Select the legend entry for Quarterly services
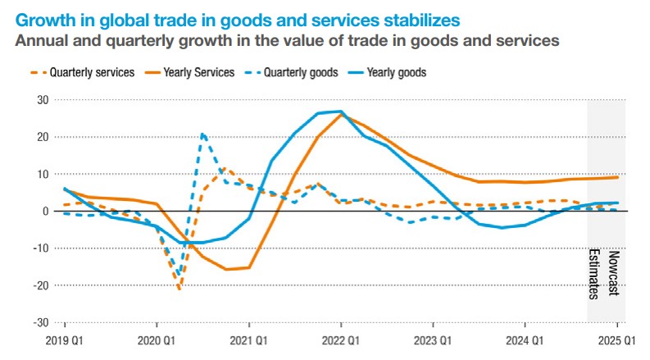(x=87, y=72)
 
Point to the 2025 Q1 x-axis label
(x=617, y=339)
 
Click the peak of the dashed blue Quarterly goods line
(x=202, y=134)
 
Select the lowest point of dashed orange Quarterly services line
(x=180, y=289)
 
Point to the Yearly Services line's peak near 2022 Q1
(x=341, y=113)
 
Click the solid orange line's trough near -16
(x=226, y=269)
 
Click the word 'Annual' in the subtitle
(x=38, y=38)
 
